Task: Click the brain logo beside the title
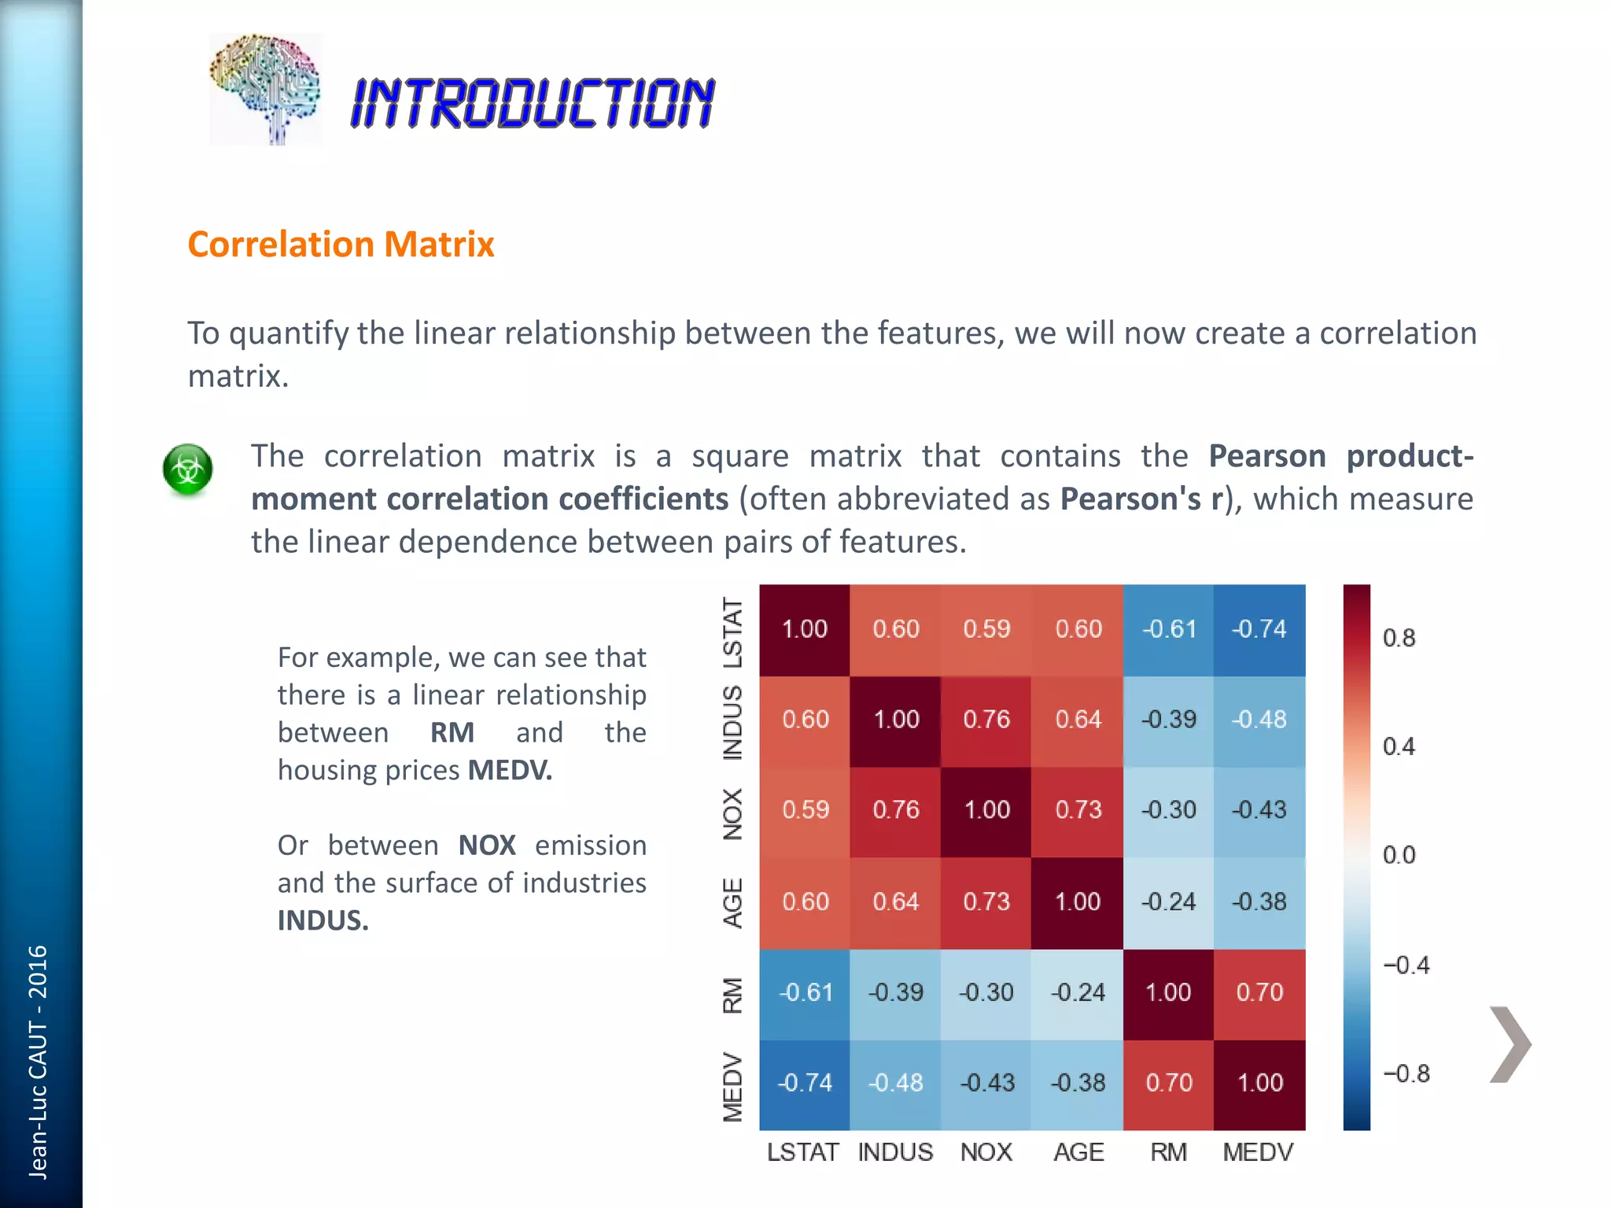[x=265, y=88]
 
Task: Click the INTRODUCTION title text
[x=533, y=103]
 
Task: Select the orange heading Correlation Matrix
[x=341, y=245]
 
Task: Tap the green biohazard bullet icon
[x=188, y=470]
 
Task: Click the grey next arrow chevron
[x=1510, y=1044]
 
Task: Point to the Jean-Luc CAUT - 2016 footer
[x=38, y=1062]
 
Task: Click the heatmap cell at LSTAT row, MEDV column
[x=1259, y=629]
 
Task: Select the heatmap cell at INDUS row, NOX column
[x=986, y=720]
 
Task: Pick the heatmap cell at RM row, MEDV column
[x=1259, y=993]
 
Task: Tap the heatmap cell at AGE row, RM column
[x=1168, y=901]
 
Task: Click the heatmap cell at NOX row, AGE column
[x=1078, y=810]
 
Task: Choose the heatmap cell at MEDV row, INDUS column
[x=896, y=1083]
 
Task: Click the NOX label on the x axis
[x=986, y=1152]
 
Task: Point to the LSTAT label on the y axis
[x=732, y=632]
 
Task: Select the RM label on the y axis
[x=732, y=995]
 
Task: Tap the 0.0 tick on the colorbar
[x=1399, y=855]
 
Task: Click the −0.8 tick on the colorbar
[x=1406, y=1074]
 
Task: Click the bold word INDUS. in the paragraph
[x=323, y=920]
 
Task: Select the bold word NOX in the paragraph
[x=487, y=845]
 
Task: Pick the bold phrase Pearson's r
[x=1142, y=499]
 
